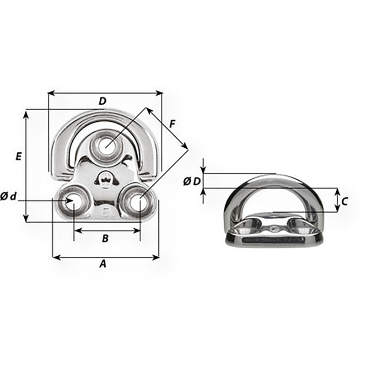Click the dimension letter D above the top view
(x=102, y=101)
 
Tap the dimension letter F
(x=172, y=124)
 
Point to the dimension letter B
(x=105, y=238)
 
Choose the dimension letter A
(x=103, y=264)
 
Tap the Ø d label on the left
(x=9, y=197)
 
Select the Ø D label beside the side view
(x=192, y=181)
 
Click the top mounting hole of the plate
(x=106, y=147)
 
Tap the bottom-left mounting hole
(x=71, y=200)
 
